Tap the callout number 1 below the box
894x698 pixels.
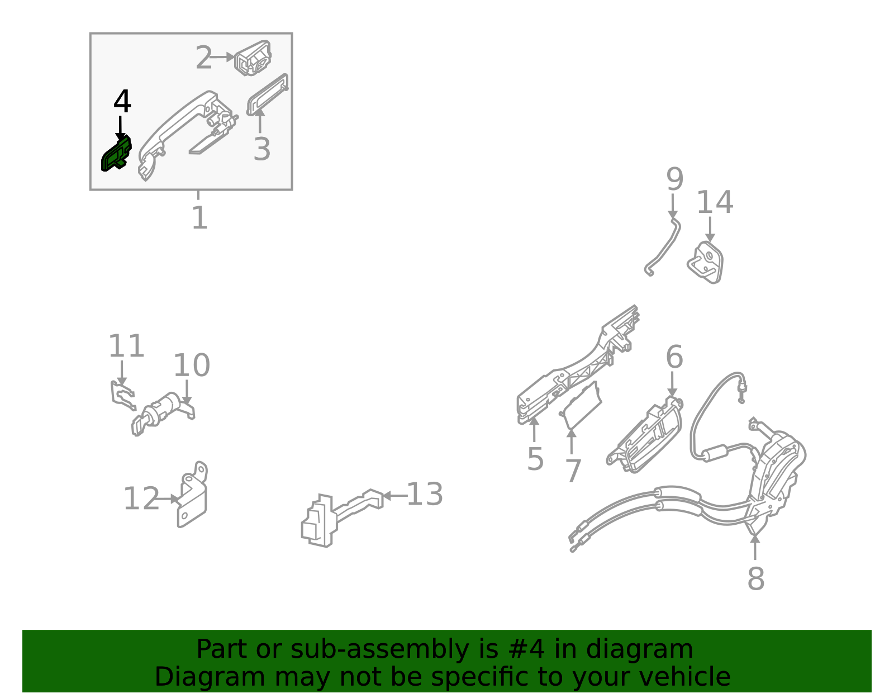200,217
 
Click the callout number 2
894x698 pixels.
203,58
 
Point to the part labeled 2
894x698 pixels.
253,58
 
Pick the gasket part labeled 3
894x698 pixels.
268,94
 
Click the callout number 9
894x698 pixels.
675,179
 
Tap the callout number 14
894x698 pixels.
715,202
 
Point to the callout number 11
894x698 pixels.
126,346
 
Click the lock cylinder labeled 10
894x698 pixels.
163,413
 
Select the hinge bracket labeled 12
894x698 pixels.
193,495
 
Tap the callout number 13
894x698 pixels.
425,494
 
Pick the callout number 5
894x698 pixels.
535,459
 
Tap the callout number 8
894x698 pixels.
756,579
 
